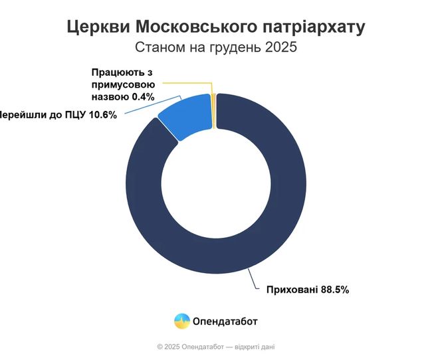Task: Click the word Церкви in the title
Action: click(98, 28)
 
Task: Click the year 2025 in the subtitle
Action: click(279, 48)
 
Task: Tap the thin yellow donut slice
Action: click(214, 109)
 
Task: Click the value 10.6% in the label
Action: click(102, 114)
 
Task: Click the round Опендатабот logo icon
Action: click(181, 321)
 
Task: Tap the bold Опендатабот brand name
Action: click(225, 321)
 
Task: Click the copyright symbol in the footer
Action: click(160, 347)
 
